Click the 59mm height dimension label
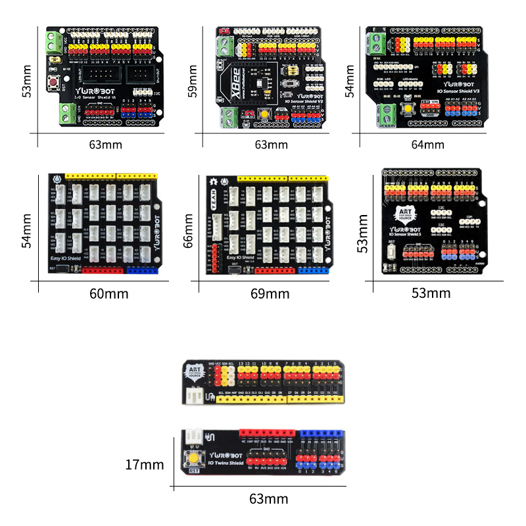[x=193, y=80]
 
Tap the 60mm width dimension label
[x=109, y=293]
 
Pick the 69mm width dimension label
[x=270, y=293]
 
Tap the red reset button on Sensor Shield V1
[x=52, y=83]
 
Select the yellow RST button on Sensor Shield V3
[x=408, y=108]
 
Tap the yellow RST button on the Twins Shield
[x=195, y=458]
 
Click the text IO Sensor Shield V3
[x=459, y=91]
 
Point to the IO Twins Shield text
[x=225, y=463]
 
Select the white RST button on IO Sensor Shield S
[x=392, y=251]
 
